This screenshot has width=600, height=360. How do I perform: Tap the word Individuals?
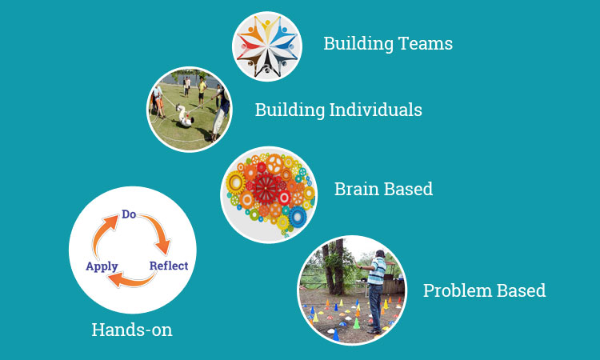point(376,110)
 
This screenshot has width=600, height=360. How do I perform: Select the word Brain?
point(357,189)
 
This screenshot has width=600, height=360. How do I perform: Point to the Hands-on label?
point(132,330)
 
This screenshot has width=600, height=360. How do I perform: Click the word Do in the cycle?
point(129,214)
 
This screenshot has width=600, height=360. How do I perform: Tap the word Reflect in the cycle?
point(169,266)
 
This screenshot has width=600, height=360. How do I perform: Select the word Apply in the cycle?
point(102,266)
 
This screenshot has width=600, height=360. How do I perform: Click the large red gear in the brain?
point(266,188)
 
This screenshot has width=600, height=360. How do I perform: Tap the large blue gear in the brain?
point(298,217)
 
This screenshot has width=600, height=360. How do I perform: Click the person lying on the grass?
point(184,116)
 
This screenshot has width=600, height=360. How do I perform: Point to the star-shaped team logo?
point(267,46)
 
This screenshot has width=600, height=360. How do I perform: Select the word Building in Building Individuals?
point(290,110)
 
